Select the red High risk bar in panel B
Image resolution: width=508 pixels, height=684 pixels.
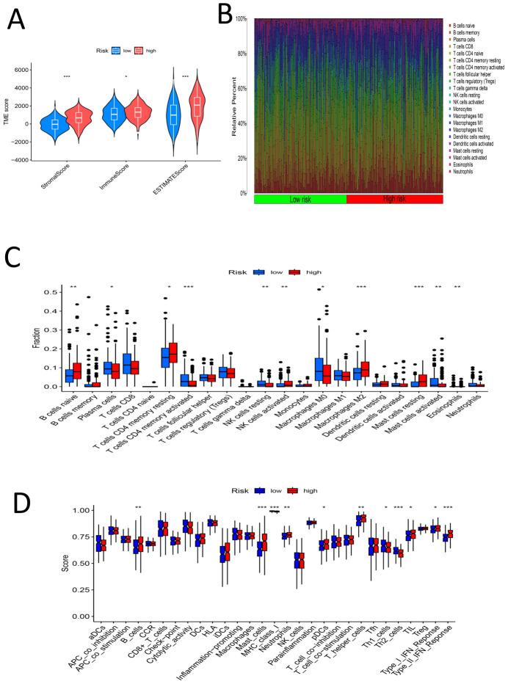(x=394, y=199)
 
